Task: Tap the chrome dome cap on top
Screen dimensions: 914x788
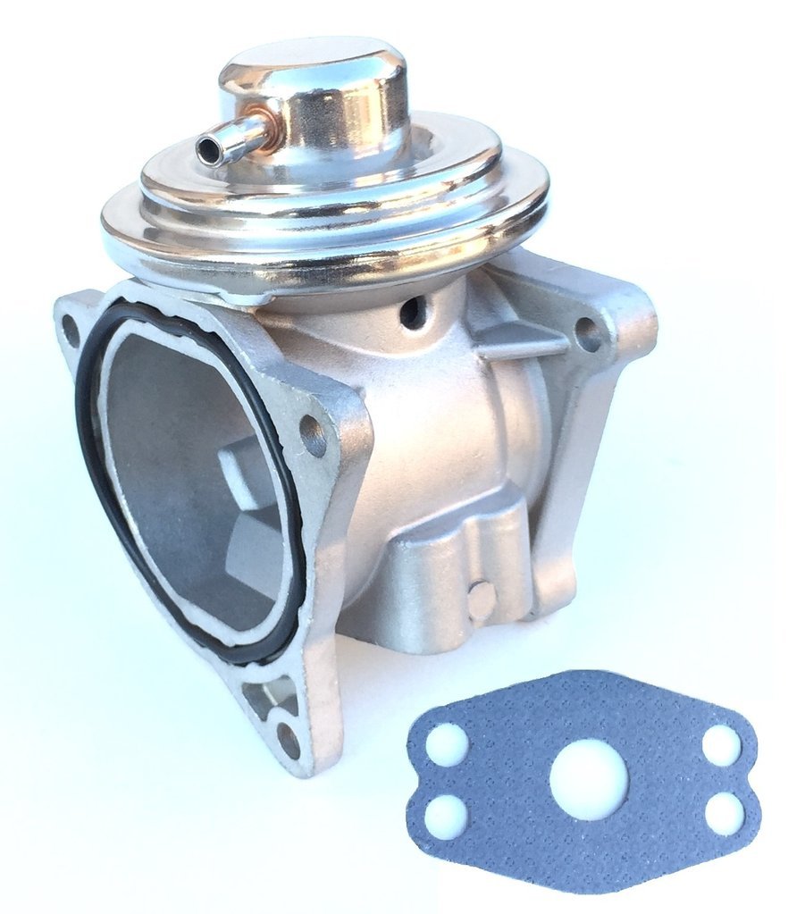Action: (x=313, y=80)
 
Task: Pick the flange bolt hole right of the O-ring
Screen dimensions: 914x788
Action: (x=314, y=434)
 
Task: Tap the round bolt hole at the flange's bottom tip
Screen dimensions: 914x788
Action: (x=288, y=739)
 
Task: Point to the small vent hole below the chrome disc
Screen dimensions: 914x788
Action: (x=414, y=312)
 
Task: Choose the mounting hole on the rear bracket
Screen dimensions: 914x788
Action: (x=588, y=334)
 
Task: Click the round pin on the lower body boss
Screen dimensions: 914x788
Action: (x=482, y=600)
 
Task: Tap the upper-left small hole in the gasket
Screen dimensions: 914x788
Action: (x=447, y=743)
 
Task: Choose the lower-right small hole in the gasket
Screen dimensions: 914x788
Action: (x=724, y=813)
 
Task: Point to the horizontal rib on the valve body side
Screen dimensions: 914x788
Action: (x=522, y=340)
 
